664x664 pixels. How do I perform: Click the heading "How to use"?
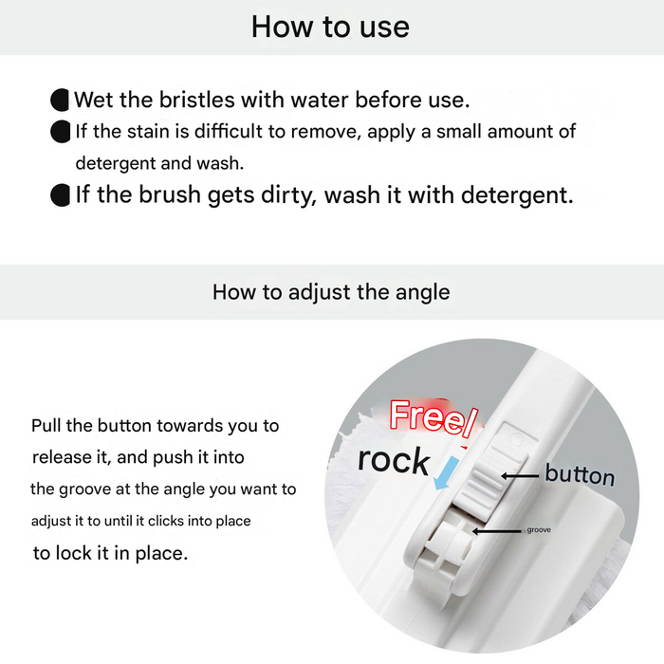pos(330,27)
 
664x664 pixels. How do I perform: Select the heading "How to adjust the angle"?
pos(331,291)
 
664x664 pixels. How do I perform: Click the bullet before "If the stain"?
pos(60,131)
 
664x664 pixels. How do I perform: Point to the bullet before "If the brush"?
pos(60,195)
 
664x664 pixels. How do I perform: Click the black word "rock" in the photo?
pos(394,460)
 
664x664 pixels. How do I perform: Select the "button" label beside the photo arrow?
pos(579,474)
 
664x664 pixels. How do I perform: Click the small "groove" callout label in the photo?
pos(538,529)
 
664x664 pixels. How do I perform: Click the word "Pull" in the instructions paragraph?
pos(47,425)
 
